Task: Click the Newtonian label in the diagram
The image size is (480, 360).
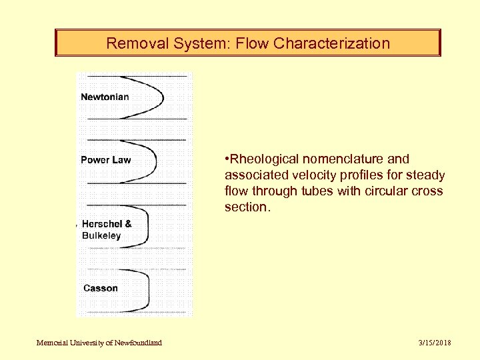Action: click(105, 97)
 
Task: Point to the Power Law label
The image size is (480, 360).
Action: click(105, 160)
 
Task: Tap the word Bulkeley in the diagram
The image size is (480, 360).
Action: click(101, 235)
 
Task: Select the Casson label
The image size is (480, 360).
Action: click(100, 288)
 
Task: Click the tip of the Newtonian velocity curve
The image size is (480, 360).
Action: click(163, 97)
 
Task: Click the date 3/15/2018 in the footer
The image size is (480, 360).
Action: click(435, 343)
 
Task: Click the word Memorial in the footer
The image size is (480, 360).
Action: click(51, 343)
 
